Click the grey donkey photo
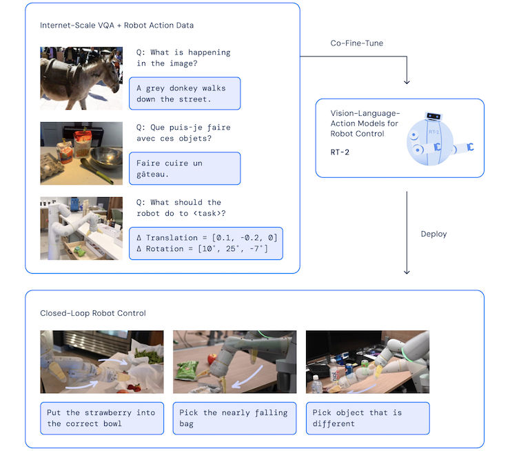(81, 78)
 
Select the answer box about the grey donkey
(185, 93)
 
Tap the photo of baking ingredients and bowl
(81, 152)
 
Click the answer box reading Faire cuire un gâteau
(185, 168)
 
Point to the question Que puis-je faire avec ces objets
(183, 133)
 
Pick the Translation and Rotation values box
(206, 243)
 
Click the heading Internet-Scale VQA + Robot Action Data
(116, 26)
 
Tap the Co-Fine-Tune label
(357, 43)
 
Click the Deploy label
(433, 234)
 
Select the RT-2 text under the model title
(340, 152)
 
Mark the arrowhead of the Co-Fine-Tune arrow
(407, 81)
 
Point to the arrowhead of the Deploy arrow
(407, 271)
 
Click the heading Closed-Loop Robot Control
(93, 313)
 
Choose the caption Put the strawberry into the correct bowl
(101, 418)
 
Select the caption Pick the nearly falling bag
(234, 418)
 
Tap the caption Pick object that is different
(367, 418)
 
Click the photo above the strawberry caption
(101, 361)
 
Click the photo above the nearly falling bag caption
(234, 361)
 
